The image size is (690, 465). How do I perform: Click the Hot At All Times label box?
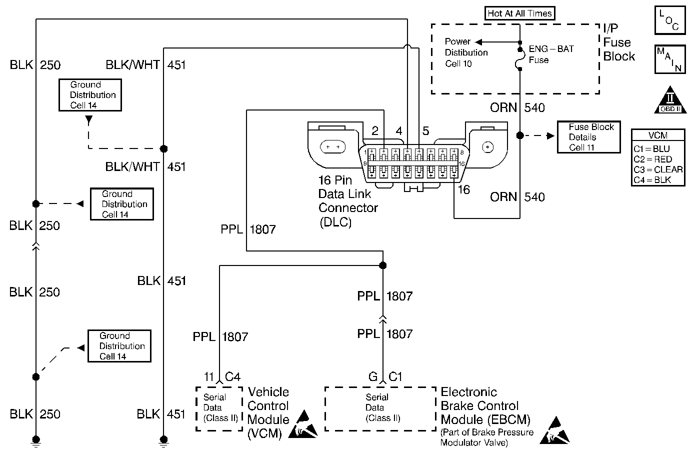point(520,13)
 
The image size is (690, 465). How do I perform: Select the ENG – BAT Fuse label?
point(551,54)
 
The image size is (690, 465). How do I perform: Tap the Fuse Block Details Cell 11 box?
point(588,137)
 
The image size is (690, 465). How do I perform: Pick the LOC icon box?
point(669,20)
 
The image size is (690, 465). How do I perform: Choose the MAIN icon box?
point(669,59)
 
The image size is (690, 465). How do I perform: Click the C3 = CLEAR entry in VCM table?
point(657,169)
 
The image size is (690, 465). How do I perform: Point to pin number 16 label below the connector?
point(464,190)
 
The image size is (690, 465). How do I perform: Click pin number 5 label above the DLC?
point(425,131)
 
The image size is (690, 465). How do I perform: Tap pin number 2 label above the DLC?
point(375,131)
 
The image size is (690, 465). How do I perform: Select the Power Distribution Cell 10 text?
point(466,52)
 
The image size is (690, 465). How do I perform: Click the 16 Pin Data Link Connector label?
point(348,201)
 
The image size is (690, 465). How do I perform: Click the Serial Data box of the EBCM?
point(380,407)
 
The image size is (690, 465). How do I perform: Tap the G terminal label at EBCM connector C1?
point(372,376)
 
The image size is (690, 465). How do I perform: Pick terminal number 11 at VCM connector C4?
point(209,376)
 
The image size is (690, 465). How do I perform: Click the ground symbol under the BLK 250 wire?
point(35,440)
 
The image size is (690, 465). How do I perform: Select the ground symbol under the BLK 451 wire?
point(163,440)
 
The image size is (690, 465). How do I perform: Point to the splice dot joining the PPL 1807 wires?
point(383,265)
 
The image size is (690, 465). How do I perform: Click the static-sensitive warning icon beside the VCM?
point(303,425)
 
